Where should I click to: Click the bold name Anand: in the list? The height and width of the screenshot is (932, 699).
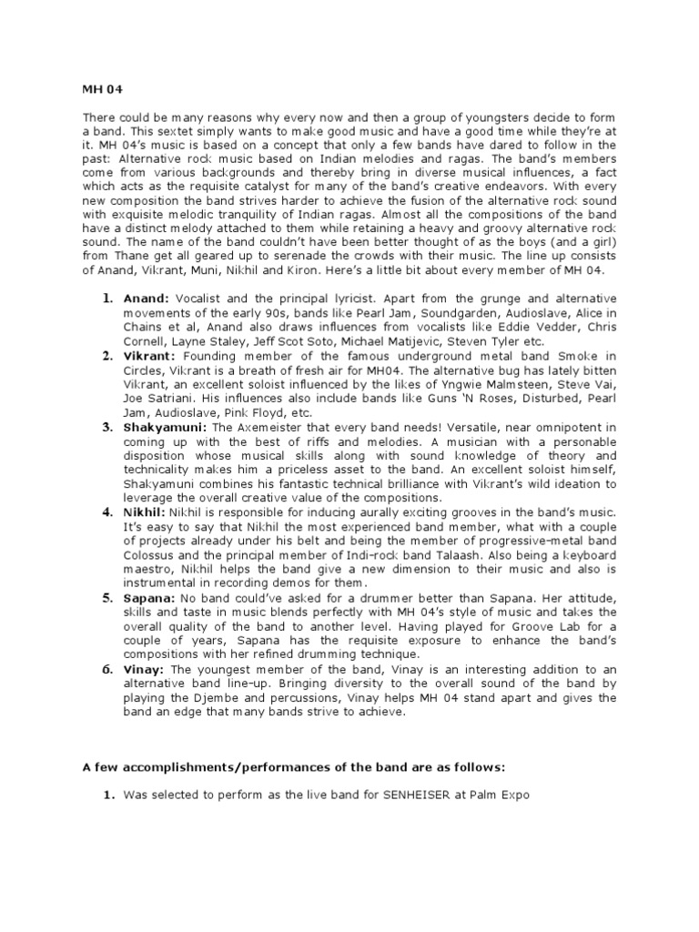pyautogui.click(x=147, y=298)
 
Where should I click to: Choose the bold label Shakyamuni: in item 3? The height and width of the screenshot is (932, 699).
pyautogui.click(x=166, y=428)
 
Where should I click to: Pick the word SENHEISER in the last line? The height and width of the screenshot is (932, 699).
pyautogui.click(x=378, y=795)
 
